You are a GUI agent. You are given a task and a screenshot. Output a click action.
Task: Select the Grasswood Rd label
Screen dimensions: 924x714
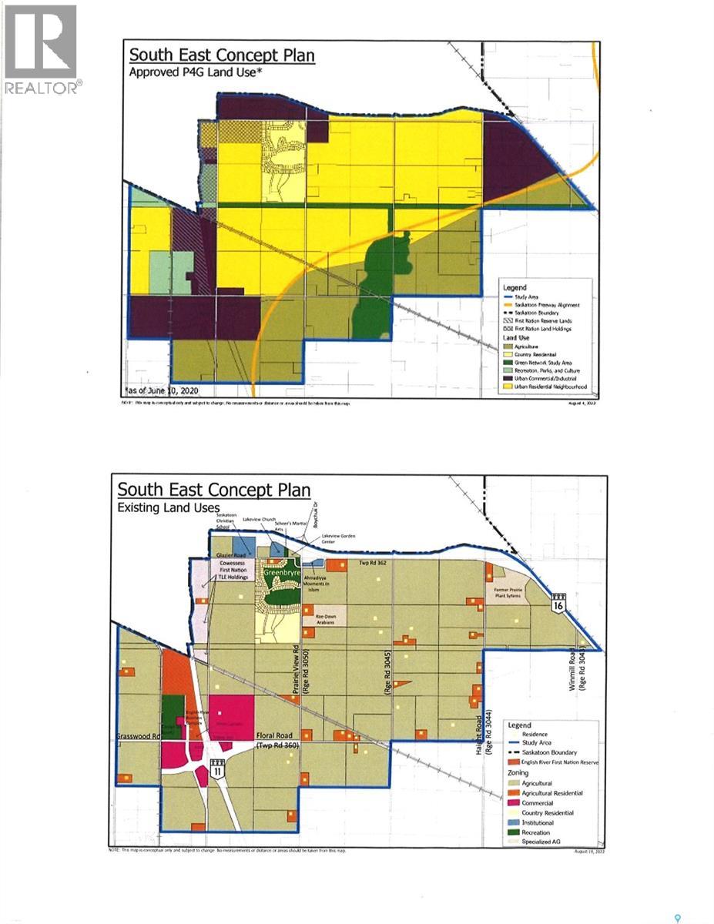[x=137, y=735]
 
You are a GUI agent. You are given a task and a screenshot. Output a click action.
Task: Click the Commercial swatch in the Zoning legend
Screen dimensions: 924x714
[x=514, y=802]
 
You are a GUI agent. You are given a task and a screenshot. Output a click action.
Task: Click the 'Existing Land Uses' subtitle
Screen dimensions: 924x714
[x=168, y=507]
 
